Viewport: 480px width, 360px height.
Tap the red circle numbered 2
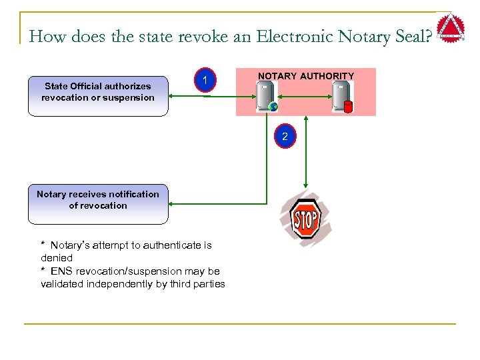pyautogui.click(x=285, y=136)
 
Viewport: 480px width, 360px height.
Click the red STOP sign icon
pyautogui.click(x=306, y=219)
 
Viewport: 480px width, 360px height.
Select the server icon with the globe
pyautogui.click(x=265, y=96)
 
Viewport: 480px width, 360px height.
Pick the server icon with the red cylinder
pyautogui.click(x=343, y=97)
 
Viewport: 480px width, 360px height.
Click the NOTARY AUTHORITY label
pyautogui.click(x=305, y=76)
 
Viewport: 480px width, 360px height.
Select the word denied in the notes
pyautogui.click(x=56, y=257)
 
